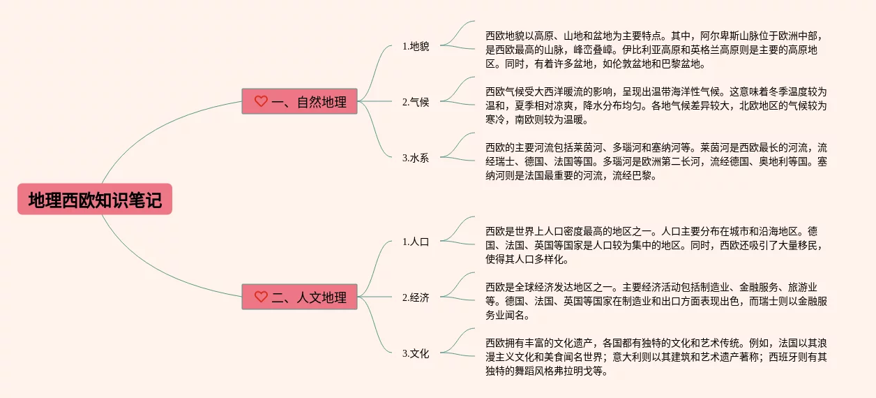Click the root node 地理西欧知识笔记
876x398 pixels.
[95, 199]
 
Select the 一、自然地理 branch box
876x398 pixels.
[300, 101]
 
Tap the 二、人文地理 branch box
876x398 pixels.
[300, 297]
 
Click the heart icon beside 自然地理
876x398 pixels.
[261, 101]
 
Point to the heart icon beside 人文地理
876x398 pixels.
[261, 297]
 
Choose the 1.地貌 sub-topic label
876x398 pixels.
[416, 46]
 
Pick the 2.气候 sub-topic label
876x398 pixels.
[416, 102]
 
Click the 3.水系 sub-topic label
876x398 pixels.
[416, 158]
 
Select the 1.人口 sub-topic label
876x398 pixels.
[416, 242]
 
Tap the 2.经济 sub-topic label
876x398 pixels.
[416, 297]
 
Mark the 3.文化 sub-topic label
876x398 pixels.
[416, 353]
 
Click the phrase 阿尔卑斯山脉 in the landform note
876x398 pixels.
[729, 36]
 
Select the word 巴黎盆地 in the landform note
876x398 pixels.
[681, 64]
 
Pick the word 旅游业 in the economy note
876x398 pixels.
[803, 287]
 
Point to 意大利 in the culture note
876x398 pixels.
[627, 357]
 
